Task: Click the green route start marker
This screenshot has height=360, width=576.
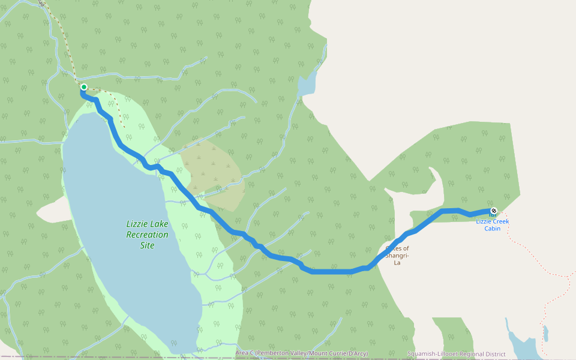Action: click(x=84, y=88)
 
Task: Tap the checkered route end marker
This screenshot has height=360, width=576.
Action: click(x=493, y=211)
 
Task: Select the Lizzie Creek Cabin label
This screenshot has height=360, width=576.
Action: click(x=493, y=225)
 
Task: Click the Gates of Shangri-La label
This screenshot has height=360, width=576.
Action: click(x=397, y=255)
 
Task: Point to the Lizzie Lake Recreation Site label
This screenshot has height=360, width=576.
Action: click(x=147, y=235)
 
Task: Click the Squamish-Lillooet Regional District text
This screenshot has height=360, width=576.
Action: click(x=456, y=354)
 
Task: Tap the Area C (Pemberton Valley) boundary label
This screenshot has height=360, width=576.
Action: click(x=301, y=353)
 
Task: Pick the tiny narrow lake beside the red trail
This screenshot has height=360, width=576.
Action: click(x=545, y=333)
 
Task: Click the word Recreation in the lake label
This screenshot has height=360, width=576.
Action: click(x=147, y=235)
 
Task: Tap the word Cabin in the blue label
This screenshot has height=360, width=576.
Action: click(x=493, y=229)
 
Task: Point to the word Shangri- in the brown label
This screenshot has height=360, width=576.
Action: click(x=397, y=255)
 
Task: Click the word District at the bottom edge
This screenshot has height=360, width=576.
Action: click(x=493, y=354)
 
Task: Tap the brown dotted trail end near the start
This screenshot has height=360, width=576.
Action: click(x=124, y=127)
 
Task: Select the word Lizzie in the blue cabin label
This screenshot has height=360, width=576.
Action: click(x=485, y=221)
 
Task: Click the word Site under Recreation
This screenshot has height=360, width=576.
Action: click(x=147, y=245)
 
